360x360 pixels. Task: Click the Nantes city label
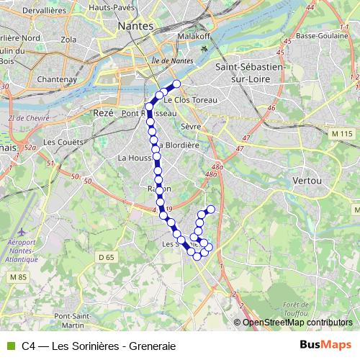[x=135, y=25]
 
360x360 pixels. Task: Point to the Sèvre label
[x=190, y=126]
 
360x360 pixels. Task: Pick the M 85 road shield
[x=17, y=276]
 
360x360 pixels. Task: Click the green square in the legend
[x=9, y=346]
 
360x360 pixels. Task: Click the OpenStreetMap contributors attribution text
[x=296, y=323]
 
